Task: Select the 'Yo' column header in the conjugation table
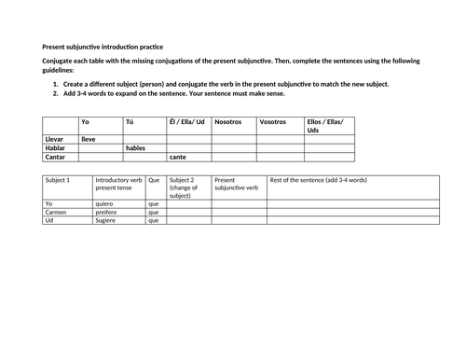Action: pos(86,121)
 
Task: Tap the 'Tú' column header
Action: pos(130,121)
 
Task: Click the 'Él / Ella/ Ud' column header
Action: pos(187,121)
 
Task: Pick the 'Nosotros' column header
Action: pos(228,121)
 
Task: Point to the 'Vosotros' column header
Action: pos(274,121)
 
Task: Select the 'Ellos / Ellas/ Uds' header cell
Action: pos(324,125)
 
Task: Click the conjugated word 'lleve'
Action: pos(89,138)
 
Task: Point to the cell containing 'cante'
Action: pos(178,157)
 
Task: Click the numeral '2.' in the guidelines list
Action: pos(57,94)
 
